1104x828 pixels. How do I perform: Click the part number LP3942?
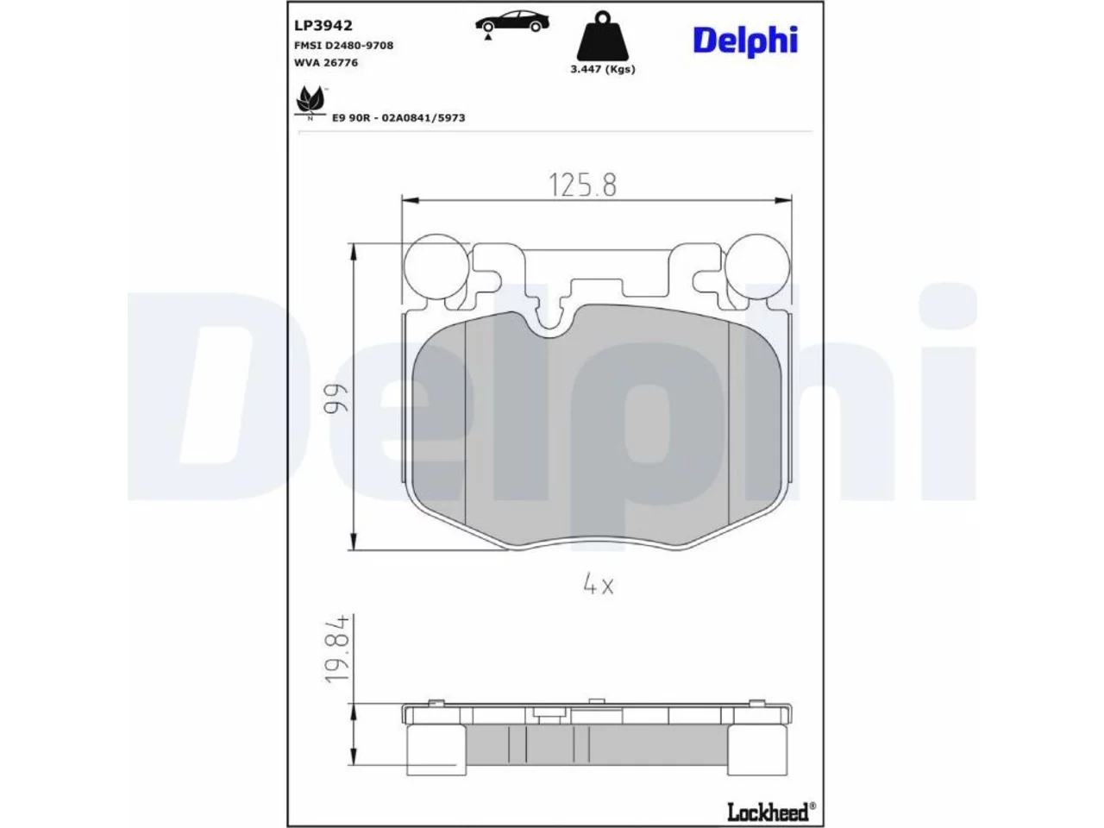coord(323,25)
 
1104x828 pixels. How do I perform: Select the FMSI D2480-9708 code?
coord(343,45)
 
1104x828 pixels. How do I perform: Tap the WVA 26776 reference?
coord(326,62)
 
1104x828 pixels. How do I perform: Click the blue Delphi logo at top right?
coord(745,41)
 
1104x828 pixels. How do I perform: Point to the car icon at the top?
coord(512,22)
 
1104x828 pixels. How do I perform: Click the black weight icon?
coord(602,37)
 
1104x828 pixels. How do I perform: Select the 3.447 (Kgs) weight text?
coord(603,69)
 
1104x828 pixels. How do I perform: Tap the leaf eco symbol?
coord(310,101)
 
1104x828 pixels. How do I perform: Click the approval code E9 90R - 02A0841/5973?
coord(398,117)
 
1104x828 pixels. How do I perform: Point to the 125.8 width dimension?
coord(582,185)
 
